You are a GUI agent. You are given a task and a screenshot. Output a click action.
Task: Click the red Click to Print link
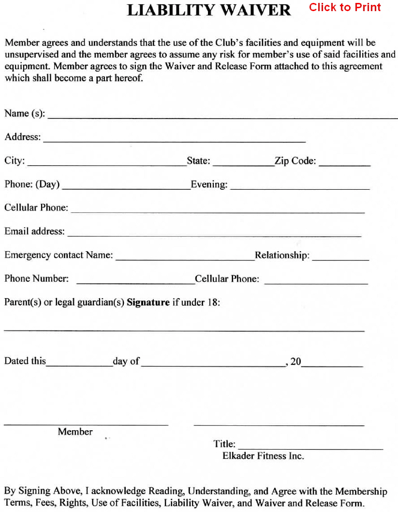click(345, 7)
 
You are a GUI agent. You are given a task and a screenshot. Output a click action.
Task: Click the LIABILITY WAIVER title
click(209, 10)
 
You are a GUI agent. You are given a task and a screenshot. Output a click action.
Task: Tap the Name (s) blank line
click(222, 117)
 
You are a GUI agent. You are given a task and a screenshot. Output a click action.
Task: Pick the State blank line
click(243, 165)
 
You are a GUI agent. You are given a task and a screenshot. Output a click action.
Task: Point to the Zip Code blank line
click(344, 165)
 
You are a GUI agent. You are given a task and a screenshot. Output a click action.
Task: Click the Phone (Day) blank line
click(126, 188)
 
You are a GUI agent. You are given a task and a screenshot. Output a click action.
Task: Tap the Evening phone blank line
click(300, 188)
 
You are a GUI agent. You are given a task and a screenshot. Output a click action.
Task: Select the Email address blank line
click(214, 235)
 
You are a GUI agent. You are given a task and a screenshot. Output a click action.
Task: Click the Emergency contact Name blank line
click(185, 259)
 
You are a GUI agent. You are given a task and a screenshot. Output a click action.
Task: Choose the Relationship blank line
click(340, 259)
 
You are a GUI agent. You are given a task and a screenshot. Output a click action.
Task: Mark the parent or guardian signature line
click(184, 330)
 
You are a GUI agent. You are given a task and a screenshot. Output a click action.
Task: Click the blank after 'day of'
click(213, 365)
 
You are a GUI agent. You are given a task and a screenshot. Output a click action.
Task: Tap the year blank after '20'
click(332, 365)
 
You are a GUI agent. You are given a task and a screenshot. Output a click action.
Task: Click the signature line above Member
click(86, 424)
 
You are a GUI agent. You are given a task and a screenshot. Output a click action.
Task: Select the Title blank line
click(310, 448)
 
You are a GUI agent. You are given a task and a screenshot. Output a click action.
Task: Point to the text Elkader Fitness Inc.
click(263, 456)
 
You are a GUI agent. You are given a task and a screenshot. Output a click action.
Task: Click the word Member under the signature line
click(75, 432)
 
